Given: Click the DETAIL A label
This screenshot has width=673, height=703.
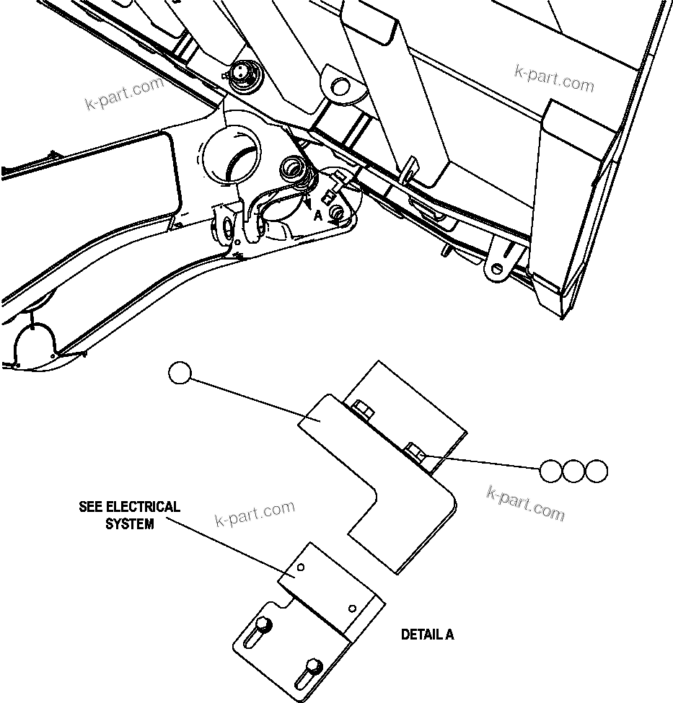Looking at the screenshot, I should point(427,635).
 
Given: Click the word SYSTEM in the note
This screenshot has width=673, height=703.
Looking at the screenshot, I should point(130,524).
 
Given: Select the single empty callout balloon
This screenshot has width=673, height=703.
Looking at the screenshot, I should point(180,373).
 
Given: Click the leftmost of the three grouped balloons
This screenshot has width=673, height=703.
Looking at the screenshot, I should point(550,472).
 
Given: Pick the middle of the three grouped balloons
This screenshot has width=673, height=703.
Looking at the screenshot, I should point(573,472).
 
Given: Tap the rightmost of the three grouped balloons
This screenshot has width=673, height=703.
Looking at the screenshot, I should point(597,472).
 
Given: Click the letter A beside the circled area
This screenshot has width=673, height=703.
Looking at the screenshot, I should point(317,215).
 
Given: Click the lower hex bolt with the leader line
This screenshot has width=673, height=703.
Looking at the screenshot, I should point(416,454).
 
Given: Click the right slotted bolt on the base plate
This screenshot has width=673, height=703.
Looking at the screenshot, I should point(312,664).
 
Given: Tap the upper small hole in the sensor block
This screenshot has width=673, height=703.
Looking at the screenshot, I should point(302,567).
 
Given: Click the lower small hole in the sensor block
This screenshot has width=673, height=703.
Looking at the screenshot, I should point(353,607).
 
